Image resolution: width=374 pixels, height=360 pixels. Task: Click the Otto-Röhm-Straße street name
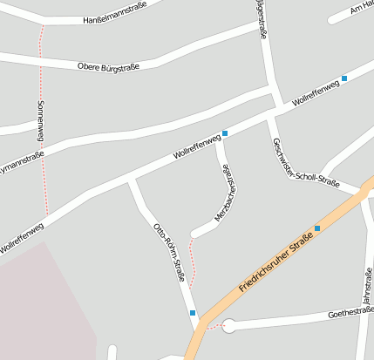point(169,253)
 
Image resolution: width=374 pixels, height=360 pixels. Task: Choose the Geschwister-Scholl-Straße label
point(305,164)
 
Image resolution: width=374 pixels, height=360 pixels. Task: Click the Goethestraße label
point(350,314)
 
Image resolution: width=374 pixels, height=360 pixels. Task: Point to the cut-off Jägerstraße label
point(260,18)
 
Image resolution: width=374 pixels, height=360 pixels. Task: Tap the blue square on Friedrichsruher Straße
point(317,228)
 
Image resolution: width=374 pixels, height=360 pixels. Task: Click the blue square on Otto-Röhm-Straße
point(193,312)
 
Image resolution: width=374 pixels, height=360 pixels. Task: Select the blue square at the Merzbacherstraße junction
point(225,133)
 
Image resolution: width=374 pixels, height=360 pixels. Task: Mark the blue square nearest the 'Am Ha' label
point(344,78)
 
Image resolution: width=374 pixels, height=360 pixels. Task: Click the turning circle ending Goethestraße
point(229,327)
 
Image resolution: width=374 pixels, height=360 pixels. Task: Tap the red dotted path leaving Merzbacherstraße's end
point(193,262)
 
